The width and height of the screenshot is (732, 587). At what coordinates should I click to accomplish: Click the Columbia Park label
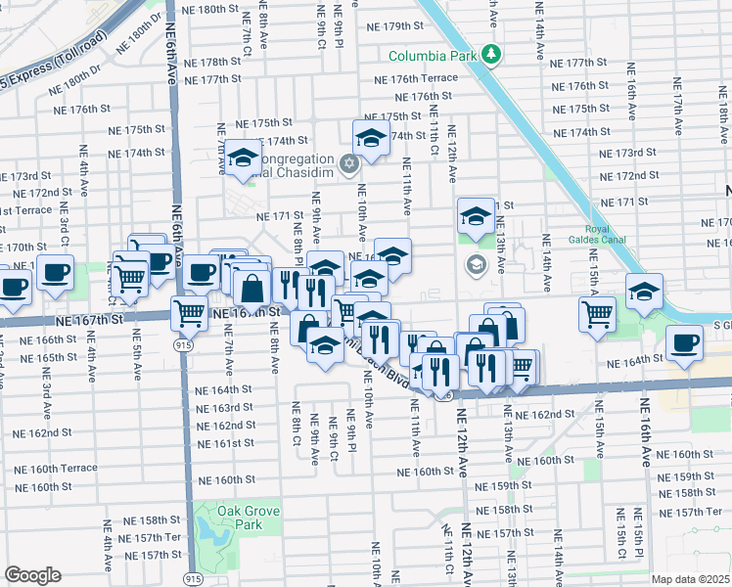click(x=432, y=56)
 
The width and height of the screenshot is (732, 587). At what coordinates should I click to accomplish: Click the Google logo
click(x=32, y=575)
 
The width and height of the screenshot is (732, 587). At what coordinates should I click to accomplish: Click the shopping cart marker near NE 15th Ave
click(x=597, y=315)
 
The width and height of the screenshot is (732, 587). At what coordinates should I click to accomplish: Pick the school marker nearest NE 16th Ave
click(x=644, y=293)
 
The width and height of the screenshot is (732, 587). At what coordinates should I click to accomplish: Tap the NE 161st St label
click(x=226, y=443)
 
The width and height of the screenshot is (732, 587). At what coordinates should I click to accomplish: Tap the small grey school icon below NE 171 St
click(x=476, y=263)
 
